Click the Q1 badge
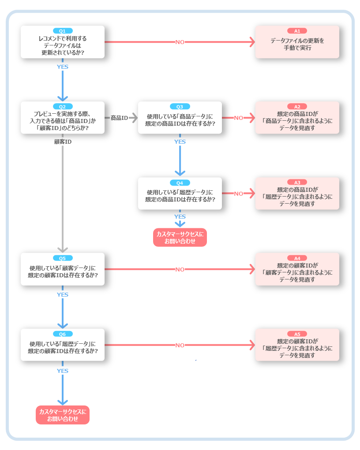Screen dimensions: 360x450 (x=63, y=31)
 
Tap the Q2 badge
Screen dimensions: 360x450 (x=63, y=107)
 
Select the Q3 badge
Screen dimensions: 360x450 (x=180, y=107)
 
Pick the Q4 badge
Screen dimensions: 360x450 (x=180, y=183)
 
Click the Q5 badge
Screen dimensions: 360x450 (x=63, y=258)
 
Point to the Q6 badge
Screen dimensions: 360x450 (x=63, y=334)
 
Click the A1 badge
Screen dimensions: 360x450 (x=297, y=31)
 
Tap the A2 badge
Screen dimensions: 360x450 (x=297, y=107)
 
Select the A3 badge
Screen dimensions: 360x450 (x=297, y=182)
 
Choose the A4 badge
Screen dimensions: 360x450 (x=297, y=258)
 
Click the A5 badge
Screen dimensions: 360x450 (x=297, y=334)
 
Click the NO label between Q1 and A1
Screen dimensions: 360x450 (x=180, y=42)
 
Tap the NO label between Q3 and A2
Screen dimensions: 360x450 (x=239, y=118)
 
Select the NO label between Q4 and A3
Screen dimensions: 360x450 (x=239, y=194)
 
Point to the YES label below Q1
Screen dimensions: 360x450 (x=63, y=67)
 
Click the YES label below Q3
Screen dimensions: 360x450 (x=180, y=142)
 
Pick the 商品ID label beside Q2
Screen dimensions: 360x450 (x=119, y=118)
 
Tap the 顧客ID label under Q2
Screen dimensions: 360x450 (x=63, y=142)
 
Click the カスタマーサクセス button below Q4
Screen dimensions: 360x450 (x=180, y=237)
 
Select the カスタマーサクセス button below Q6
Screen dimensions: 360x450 (x=63, y=415)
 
